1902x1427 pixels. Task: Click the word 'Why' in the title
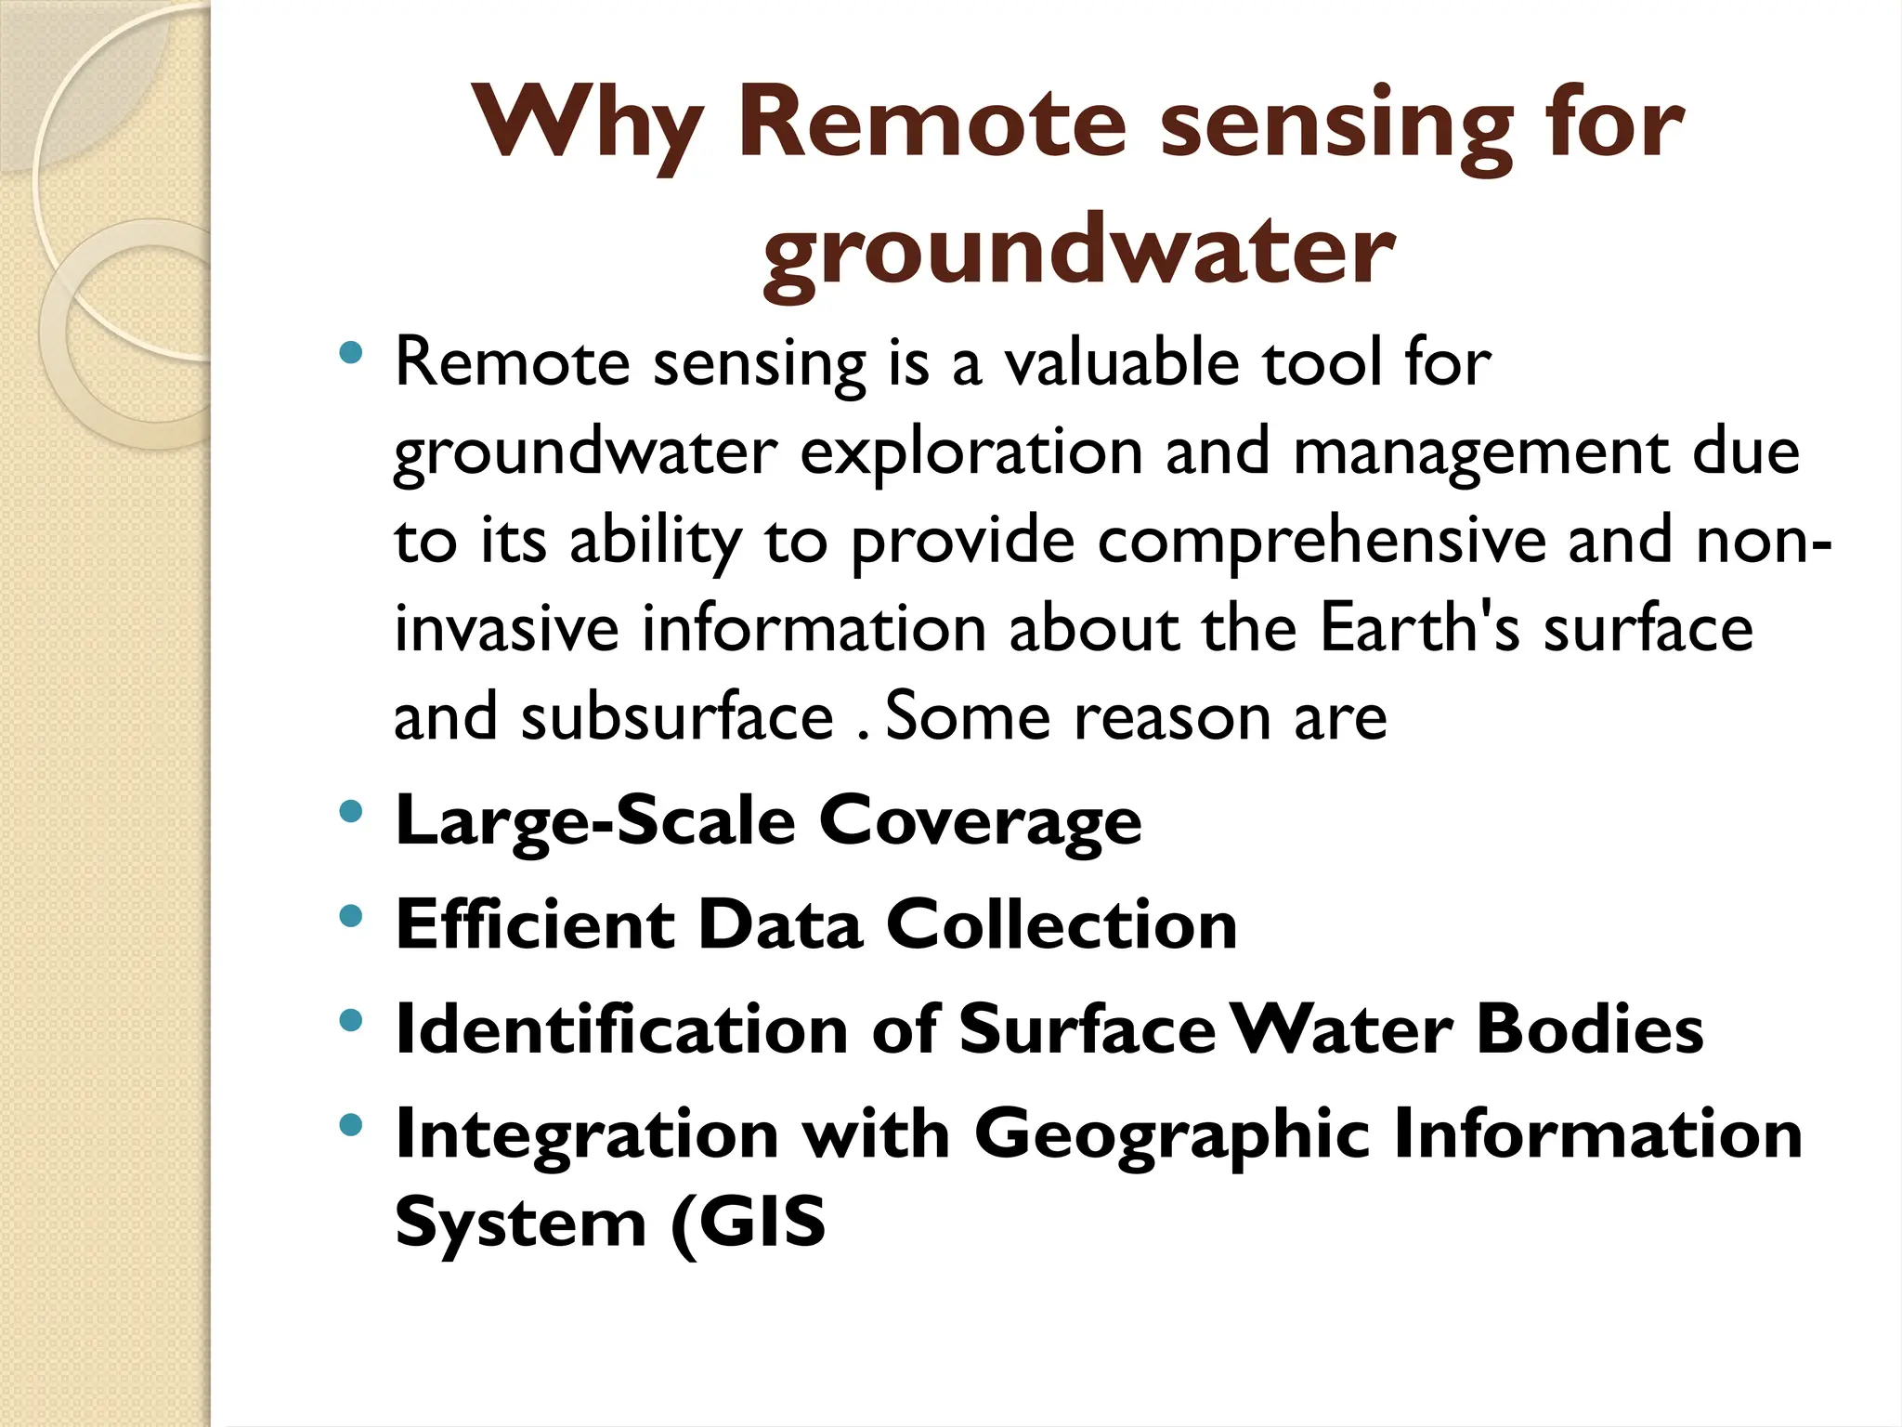(x=587, y=125)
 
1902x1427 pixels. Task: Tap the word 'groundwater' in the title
(x=1078, y=251)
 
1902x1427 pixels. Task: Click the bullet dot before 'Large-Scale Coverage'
(x=350, y=812)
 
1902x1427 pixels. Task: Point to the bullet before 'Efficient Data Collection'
(x=350, y=917)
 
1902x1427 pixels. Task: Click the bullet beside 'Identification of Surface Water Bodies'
(x=350, y=1022)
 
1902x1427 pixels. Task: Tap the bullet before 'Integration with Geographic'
(x=350, y=1126)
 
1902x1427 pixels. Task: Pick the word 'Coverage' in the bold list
(x=980, y=822)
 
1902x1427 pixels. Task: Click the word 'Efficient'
(x=536, y=925)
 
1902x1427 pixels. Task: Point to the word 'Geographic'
(x=1172, y=1137)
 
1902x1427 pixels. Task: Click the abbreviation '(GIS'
(x=749, y=1223)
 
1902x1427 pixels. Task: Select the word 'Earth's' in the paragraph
(x=1419, y=629)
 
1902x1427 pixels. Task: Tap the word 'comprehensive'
(x=1322, y=542)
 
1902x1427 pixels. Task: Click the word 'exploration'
(x=971, y=453)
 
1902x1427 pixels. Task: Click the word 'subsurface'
(x=677, y=718)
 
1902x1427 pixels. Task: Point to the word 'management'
(x=1480, y=453)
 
